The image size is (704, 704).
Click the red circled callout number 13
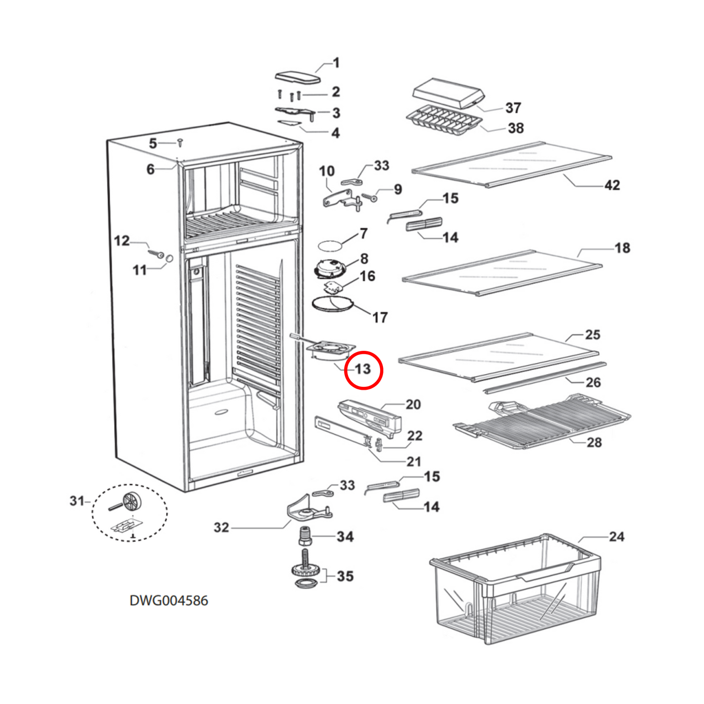click(x=363, y=369)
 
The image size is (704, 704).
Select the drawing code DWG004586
click(x=169, y=600)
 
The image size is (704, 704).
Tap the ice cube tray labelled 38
click(x=443, y=120)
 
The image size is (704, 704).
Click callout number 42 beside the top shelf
click(x=612, y=185)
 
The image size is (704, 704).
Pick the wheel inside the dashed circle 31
click(x=131, y=501)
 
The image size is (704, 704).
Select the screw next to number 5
click(x=180, y=142)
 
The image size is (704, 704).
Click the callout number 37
click(x=513, y=108)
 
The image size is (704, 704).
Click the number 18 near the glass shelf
click(x=622, y=248)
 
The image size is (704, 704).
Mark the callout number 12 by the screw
click(x=122, y=241)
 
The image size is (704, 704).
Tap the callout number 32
click(x=221, y=527)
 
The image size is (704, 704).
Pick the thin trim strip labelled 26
click(x=545, y=377)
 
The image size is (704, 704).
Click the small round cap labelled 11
click(x=169, y=258)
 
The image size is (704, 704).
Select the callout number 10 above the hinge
click(x=326, y=171)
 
